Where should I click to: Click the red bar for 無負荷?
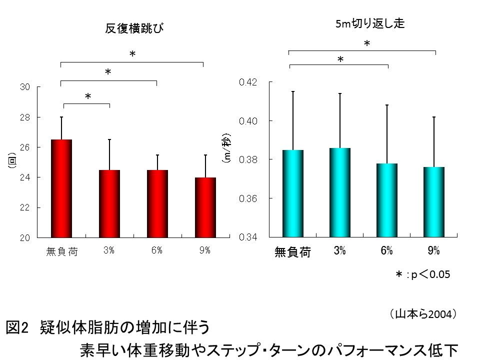(x=61, y=188)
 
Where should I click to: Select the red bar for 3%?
(x=109, y=203)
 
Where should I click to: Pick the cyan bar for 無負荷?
(x=293, y=193)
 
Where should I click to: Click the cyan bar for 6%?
(x=387, y=199)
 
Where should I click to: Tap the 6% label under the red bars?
(x=157, y=251)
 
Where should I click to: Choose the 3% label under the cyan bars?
(x=340, y=251)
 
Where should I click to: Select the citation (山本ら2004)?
(x=422, y=313)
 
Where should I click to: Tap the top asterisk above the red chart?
(x=132, y=53)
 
